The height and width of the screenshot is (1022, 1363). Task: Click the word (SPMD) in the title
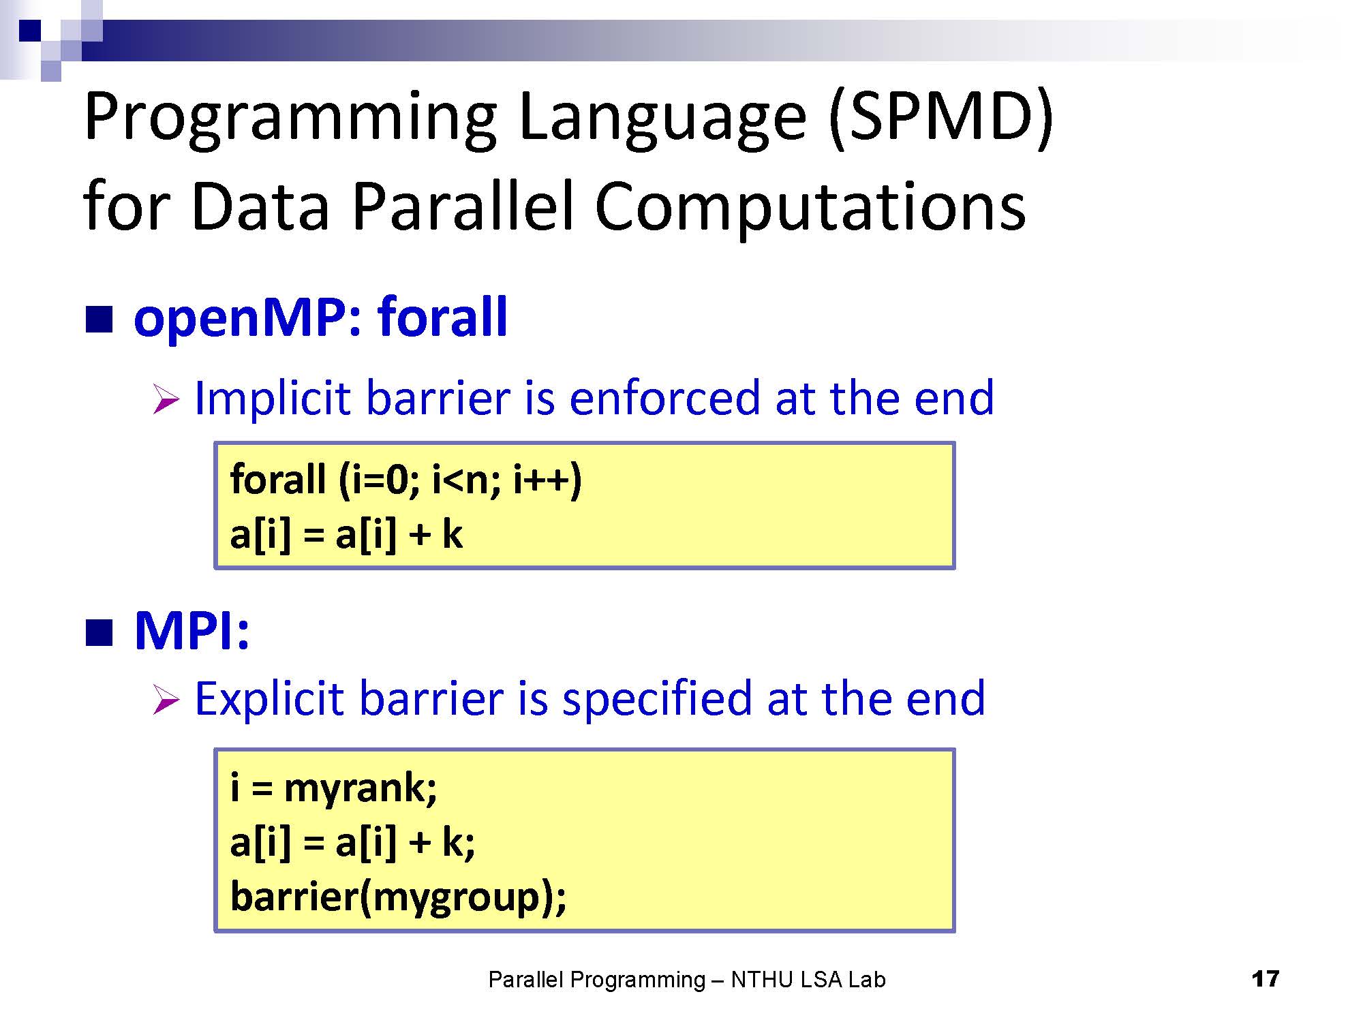click(x=941, y=117)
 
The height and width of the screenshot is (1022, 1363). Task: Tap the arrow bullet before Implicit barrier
click(x=166, y=399)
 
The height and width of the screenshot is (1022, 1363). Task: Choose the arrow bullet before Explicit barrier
click(x=166, y=700)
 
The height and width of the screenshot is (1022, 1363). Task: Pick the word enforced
click(x=664, y=398)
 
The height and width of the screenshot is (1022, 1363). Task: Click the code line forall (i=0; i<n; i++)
click(x=406, y=479)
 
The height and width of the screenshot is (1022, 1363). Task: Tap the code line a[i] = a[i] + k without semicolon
click(x=346, y=534)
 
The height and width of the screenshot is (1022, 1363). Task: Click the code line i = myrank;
click(x=334, y=788)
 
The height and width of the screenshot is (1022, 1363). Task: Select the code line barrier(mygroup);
click(x=399, y=897)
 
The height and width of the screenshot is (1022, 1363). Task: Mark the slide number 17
click(x=1266, y=979)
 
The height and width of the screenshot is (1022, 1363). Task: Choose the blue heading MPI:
click(x=192, y=631)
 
